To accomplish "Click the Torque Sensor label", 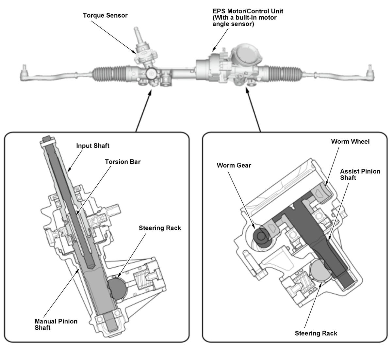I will [105, 15].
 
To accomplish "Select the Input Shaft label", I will [93, 146].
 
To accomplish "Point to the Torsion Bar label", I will [123, 162].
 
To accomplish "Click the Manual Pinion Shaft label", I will [56, 324].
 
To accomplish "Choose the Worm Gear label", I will [234, 165].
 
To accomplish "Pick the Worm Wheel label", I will [350, 141].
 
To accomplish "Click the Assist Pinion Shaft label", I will [360, 174].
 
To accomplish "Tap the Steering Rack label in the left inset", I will [160, 228].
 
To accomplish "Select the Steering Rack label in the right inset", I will [316, 333].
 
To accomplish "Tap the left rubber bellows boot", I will [105, 72].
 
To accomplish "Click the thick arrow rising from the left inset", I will [143, 111].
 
